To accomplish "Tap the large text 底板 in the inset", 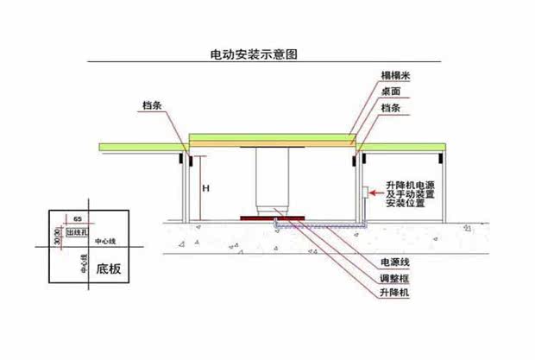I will click(x=108, y=268).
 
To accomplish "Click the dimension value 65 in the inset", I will click(x=78, y=222).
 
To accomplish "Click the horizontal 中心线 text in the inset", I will click(x=104, y=242).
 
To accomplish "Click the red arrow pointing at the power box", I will click(x=377, y=194).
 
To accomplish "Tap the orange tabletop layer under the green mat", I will click(x=271, y=144).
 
